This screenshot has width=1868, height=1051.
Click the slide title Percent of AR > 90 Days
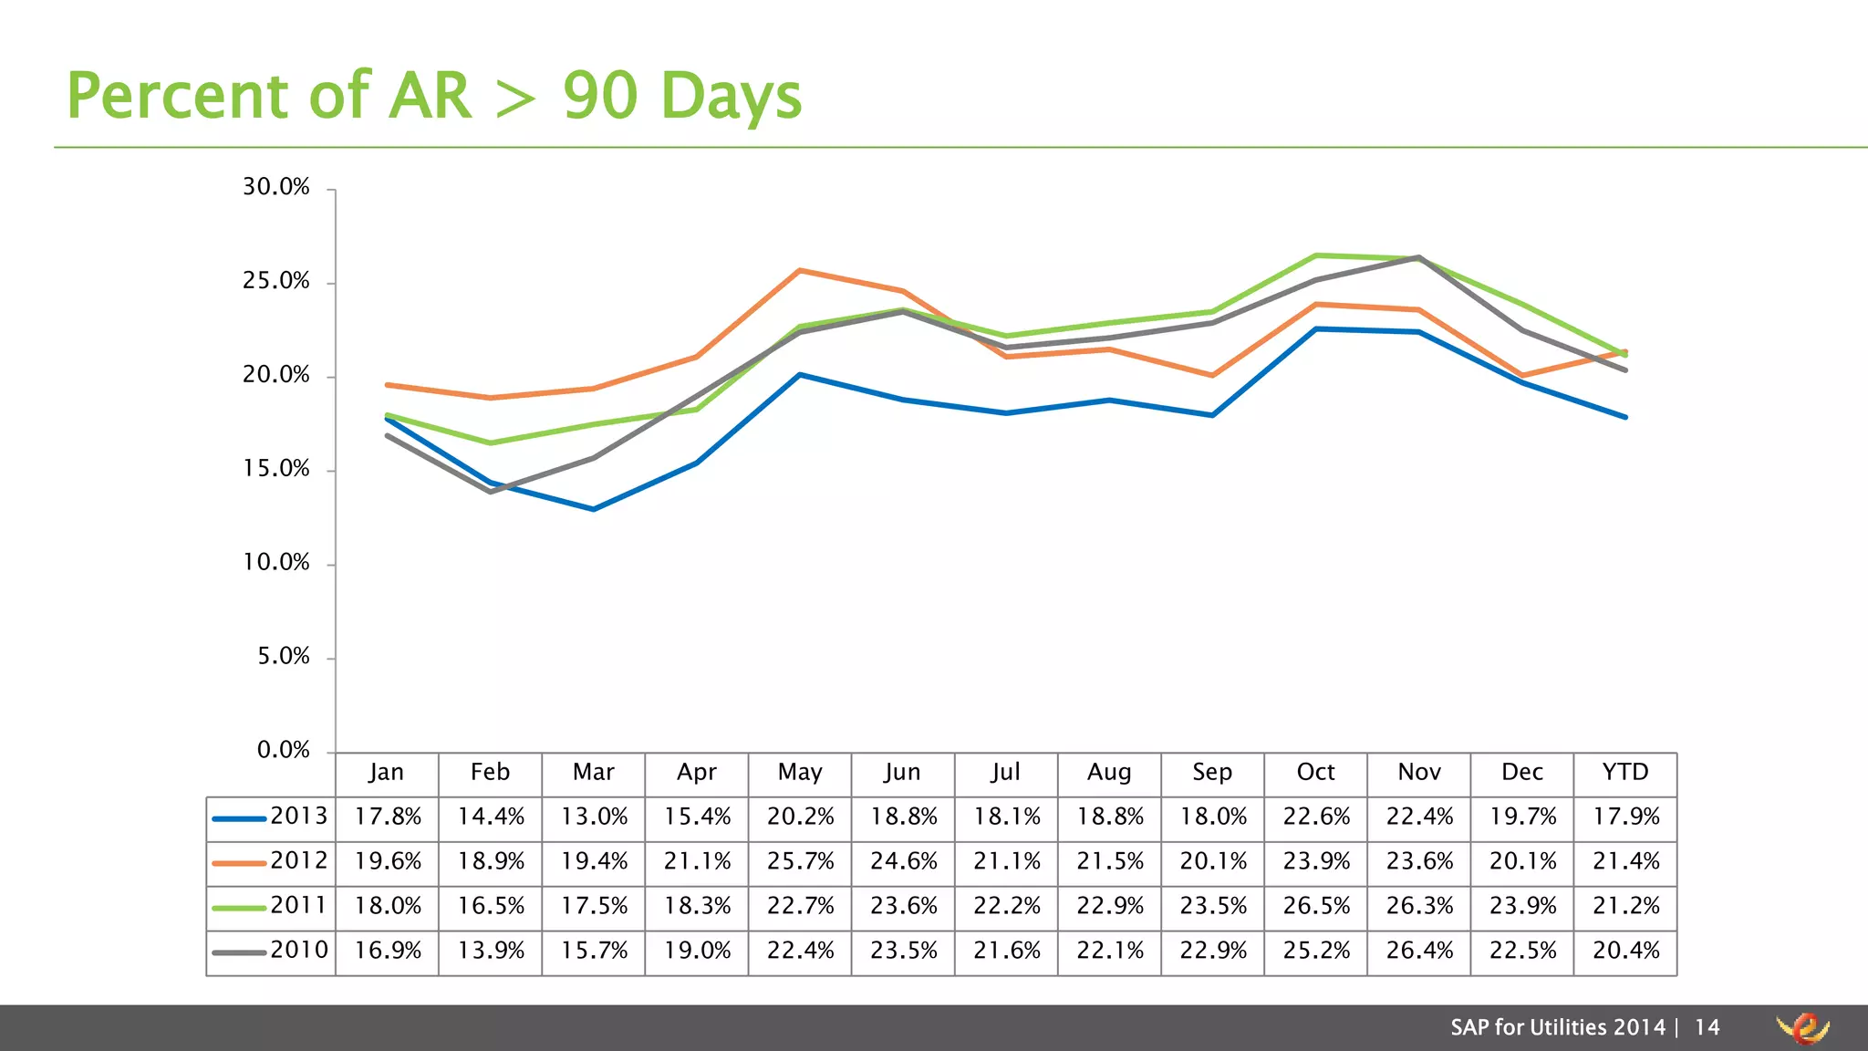(x=434, y=95)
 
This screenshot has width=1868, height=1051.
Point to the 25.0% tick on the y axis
(x=276, y=281)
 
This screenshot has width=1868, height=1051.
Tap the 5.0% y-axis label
(x=284, y=656)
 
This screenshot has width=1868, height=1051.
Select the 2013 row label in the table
(x=298, y=816)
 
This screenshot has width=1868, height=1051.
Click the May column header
(x=800, y=772)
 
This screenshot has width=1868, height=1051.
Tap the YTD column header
(x=1625, y=772)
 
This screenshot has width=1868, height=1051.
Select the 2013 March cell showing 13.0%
(x=594, y=817)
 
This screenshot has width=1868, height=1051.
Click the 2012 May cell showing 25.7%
(x=800, y=861)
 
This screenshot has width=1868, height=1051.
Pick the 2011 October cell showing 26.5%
(x=1316, y=906)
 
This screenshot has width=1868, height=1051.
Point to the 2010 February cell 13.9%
(x=491, y=951)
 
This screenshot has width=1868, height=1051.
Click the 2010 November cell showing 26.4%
(x=1419, y=951)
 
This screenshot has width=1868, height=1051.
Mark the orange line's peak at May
(x=800, y=270)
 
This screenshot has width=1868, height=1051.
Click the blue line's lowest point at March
(x=594, y=509)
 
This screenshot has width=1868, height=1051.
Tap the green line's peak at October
(x=1316, y=255)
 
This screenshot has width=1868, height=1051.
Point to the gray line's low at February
(x=491, y=492)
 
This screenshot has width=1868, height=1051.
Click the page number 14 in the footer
(x=1707, y=1027)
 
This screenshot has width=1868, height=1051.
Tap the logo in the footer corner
(x=1803, y=1028)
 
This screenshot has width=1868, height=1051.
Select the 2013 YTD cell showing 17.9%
(x=1625, y=817)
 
